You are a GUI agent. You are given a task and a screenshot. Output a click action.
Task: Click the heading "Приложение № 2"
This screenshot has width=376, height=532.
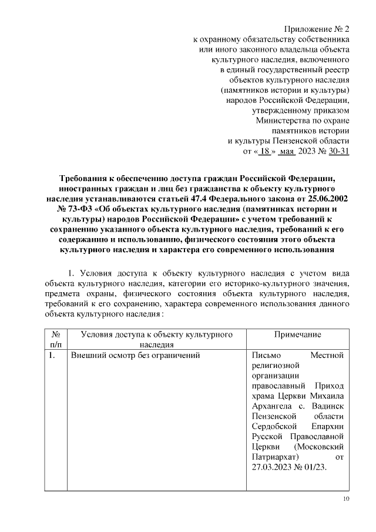click(x=317, y=28)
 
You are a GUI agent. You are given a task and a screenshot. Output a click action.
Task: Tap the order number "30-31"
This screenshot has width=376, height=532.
click(x=340, y=151)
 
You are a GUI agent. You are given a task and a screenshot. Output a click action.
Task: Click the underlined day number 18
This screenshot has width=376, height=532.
click(x=266, y=151)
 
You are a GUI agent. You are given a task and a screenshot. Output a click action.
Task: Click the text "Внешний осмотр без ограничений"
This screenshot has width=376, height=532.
click(x=136, y=356)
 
